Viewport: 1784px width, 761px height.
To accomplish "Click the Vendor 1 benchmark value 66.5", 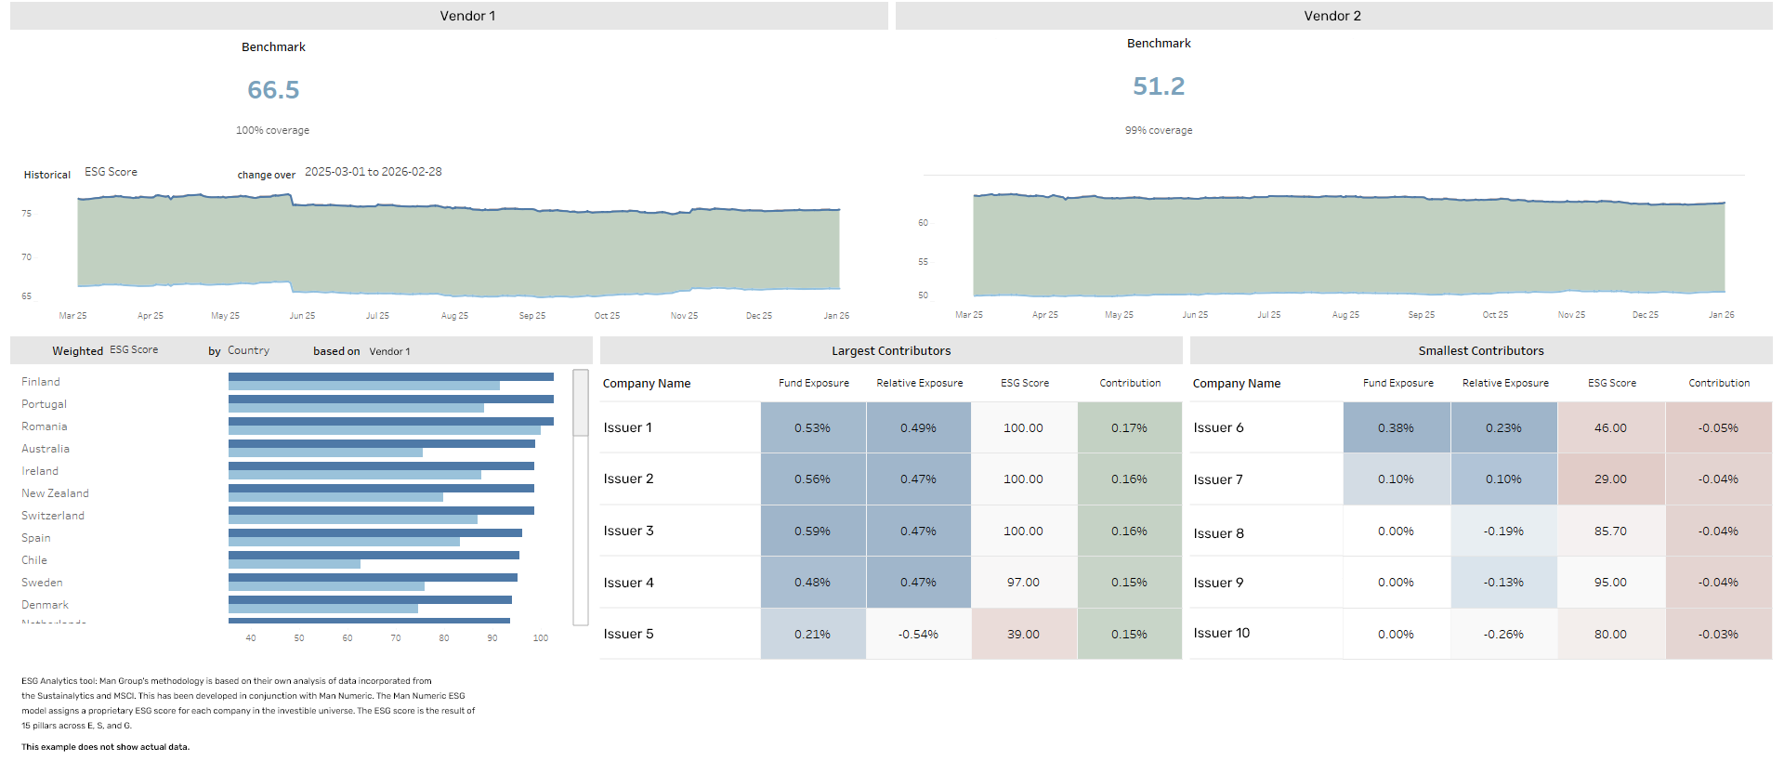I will [x=273, y=90].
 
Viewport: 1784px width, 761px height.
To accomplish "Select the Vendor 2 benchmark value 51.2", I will [x=1159, y=86].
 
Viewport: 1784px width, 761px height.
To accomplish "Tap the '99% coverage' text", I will [x=1159, y=131].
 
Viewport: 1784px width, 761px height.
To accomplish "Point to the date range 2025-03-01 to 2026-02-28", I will [x=374, y=172].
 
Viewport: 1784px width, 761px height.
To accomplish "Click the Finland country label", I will [x=41, y=382].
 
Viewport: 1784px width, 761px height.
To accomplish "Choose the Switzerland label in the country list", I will [x=53, y=516].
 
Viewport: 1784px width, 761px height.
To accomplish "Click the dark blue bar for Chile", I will [x=374, y=556].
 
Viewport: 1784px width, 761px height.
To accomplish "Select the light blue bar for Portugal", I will [x=356, y=408].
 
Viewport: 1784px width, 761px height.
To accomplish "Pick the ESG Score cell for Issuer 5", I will [x=1024, y=635].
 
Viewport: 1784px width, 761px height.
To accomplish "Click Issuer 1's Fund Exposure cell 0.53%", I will [x=813, y=428].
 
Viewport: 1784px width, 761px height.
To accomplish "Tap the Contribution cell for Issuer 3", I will [x=1129, y=531].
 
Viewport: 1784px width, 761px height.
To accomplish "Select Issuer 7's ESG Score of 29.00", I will [x=1610, y=479].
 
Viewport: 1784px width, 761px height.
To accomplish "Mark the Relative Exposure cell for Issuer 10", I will [x=1503, y=635].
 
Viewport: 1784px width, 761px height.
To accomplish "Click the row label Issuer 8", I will [x=1219, y=533].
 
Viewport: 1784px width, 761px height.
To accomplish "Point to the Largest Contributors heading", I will [x=891, y=351].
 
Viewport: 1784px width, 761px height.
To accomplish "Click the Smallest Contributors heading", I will [x=1481, y=351].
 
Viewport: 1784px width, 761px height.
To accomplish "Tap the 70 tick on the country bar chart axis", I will [x=396, y=638].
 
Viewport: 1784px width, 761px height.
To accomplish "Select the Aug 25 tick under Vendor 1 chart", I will [x=454, y=316].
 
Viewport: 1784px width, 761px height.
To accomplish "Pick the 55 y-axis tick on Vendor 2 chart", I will [x=923, y=262].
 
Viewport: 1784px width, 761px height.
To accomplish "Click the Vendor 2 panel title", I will [x=1332, y=16].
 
